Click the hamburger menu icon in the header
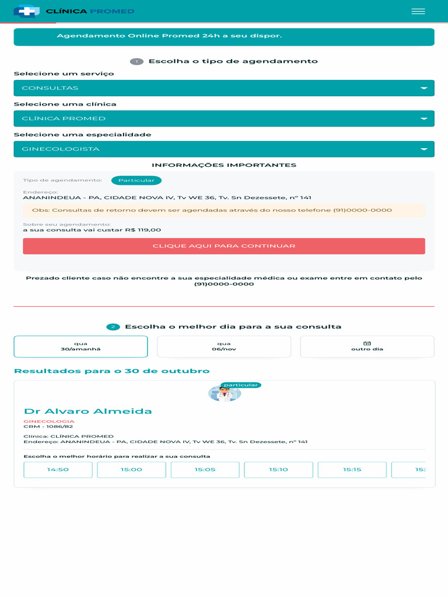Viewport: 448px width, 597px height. pos(418,11)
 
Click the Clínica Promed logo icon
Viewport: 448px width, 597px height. pos(26,11)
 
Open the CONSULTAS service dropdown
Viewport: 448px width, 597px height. pos(224,88)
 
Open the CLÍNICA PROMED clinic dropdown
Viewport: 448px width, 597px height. pos(224,118)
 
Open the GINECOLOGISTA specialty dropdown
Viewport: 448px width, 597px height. pos(224,149)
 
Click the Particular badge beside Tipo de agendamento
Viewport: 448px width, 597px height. pos(136,181)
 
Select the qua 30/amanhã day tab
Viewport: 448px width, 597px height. pos(80,346)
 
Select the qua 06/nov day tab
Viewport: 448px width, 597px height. pos(224,346)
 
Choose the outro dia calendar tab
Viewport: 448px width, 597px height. pos(367,346)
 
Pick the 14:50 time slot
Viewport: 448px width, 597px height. pos(58,469)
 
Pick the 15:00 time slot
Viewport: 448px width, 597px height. pos(131,469)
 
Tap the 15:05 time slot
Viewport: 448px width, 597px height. pos(205,469)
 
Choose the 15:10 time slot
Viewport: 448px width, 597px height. pos(278,469)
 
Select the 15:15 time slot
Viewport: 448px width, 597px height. pos(352,469)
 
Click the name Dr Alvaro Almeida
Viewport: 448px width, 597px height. pos(87,412)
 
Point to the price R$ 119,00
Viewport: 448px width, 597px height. pos(143,230)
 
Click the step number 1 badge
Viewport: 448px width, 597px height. pos(136,62)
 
